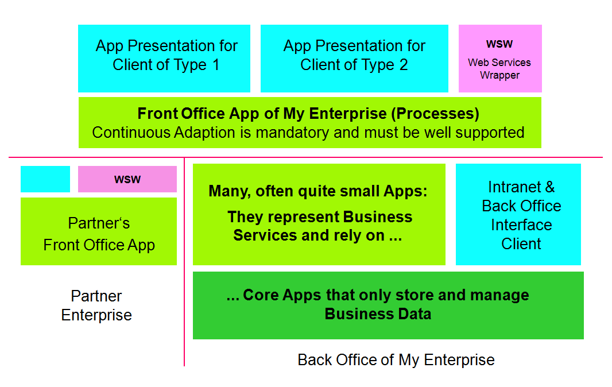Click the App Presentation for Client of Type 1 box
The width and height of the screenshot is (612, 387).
coord(164,59)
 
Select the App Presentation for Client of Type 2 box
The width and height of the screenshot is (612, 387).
coord(354,59)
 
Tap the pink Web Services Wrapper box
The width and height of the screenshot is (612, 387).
coord(500,59)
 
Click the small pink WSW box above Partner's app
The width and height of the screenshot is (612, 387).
coord(127,179)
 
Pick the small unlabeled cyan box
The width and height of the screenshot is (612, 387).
coord(45,179)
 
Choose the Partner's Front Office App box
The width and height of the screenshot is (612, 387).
coord(99,231)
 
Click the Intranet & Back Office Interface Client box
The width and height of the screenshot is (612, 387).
coord(518,214)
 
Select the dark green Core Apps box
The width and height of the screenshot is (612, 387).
coord(388,305)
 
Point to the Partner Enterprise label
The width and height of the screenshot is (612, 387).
coord(96,305)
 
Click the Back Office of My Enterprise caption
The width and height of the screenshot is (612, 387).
coord(396,359)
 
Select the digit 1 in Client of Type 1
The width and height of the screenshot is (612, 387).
coord(216,65)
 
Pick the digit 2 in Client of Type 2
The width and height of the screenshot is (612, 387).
coord(404,65)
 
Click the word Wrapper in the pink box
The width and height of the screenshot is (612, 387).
coord(499,75)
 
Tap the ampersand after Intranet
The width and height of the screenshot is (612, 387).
coord(550,187)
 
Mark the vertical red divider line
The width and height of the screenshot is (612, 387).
coord(184,262)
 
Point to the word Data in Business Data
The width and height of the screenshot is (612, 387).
coord(415,314)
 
